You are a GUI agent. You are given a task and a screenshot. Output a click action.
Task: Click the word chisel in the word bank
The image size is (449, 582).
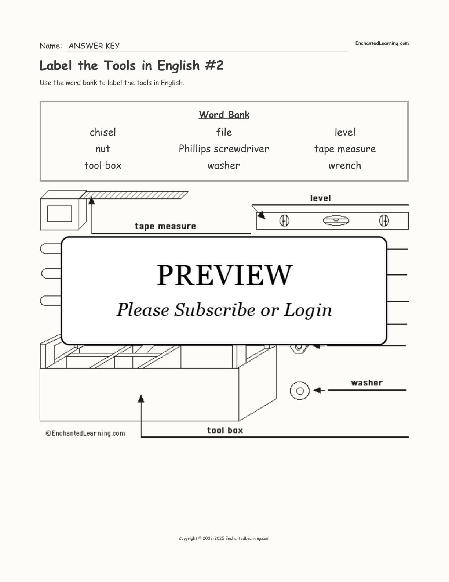(103, 132)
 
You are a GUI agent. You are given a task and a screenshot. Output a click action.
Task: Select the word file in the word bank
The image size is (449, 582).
(224, 132)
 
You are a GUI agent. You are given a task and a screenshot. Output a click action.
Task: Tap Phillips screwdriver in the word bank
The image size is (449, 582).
(224, 149)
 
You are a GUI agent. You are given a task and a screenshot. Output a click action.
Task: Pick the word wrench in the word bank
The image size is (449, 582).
(345, 165)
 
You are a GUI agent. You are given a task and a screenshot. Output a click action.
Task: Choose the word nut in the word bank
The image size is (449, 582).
(103, 149)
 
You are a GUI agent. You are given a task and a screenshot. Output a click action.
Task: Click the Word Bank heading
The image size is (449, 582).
(224, 115)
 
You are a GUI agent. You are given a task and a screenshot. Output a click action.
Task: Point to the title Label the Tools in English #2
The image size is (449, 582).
(131, 66)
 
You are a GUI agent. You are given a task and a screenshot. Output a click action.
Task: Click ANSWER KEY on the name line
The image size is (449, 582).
(94, 46)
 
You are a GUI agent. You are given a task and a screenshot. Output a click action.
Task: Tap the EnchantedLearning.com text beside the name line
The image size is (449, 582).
(382, 43)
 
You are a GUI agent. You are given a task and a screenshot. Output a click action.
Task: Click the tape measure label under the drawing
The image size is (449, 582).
(165, 226)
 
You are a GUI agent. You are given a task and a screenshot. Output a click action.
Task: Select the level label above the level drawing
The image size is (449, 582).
(320, 198)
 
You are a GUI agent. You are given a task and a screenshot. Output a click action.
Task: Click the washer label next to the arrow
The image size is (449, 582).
(367, 383)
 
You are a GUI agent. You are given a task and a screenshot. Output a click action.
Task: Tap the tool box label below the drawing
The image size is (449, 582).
(225, 430)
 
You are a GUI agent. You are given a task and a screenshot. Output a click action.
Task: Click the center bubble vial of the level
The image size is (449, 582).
(336, 221)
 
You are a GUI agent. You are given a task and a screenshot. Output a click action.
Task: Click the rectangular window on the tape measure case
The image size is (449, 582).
(59, 213)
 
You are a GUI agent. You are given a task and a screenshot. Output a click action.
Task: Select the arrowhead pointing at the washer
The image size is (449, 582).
(317, 390)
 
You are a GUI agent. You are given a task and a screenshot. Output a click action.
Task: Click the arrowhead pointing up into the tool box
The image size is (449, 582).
(141, 399)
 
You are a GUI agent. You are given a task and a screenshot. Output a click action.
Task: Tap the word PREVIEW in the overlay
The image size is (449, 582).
(224, 275)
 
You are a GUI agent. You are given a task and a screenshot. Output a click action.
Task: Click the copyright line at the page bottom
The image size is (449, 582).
(224, 538)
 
